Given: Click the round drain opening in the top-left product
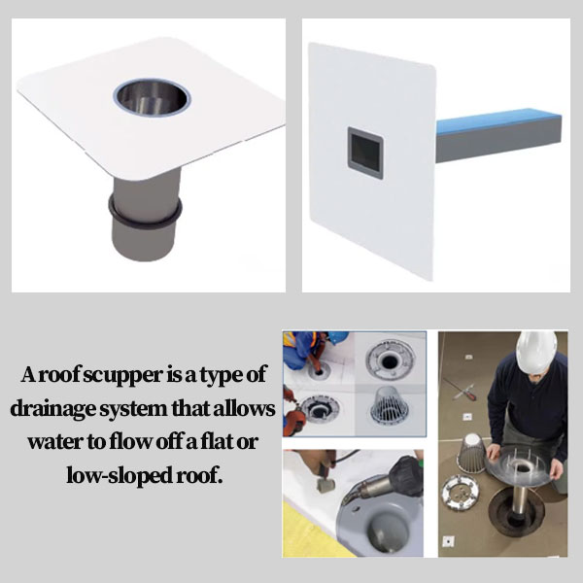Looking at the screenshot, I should coord(152,96).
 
